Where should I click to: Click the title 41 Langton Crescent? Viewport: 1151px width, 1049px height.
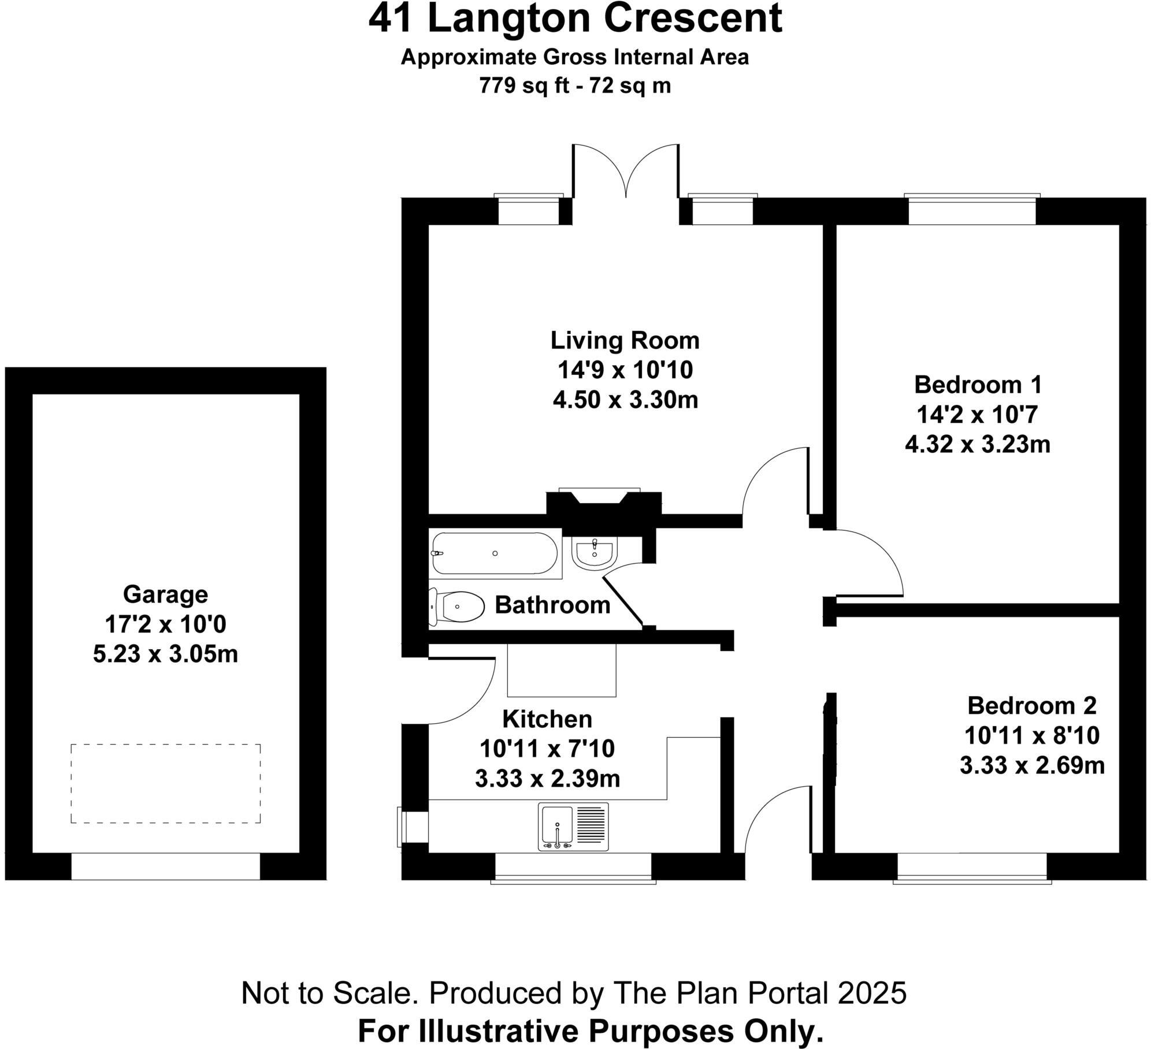pyautogui.click(x=575, y=18)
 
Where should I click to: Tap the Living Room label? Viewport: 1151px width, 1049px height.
pyautogui.click(x=625, y=340)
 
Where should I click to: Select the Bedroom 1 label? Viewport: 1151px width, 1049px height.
pyautogui.click(x=978, y=384)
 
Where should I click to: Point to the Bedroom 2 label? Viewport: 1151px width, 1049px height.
pyautogui.click(x=1032, y=705)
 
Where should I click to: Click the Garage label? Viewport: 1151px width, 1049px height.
pyautogui.click(x=165, y=594)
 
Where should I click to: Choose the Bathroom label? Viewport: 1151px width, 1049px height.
pyautogui.click(x=552, y=605)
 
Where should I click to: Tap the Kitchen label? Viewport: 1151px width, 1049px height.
pyautogui.click(x=547, y=719)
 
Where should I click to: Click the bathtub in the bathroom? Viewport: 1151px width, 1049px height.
pyautogui.click(x=495, y=553)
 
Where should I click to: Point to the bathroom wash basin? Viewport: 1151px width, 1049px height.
pyautogui.click(x=595, y=553)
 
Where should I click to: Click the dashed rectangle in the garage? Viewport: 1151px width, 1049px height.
pyautogui.click(x=165, y=783)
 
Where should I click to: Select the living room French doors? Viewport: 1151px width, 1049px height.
pyautogui.click(x=626, y=173)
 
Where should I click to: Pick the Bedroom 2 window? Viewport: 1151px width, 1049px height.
pyautogui.click(x=972, y=867)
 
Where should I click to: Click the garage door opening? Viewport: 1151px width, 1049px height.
pyautogui.click(x=165, y=866)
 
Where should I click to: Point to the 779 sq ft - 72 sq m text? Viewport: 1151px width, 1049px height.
pyautogui.click(x=575, y=86)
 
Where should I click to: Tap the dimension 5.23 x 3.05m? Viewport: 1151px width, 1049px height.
pyautogui.click(x=165, y=654)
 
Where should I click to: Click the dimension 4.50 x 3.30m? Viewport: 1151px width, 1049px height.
pyautogui.click(x=625, y=400)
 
